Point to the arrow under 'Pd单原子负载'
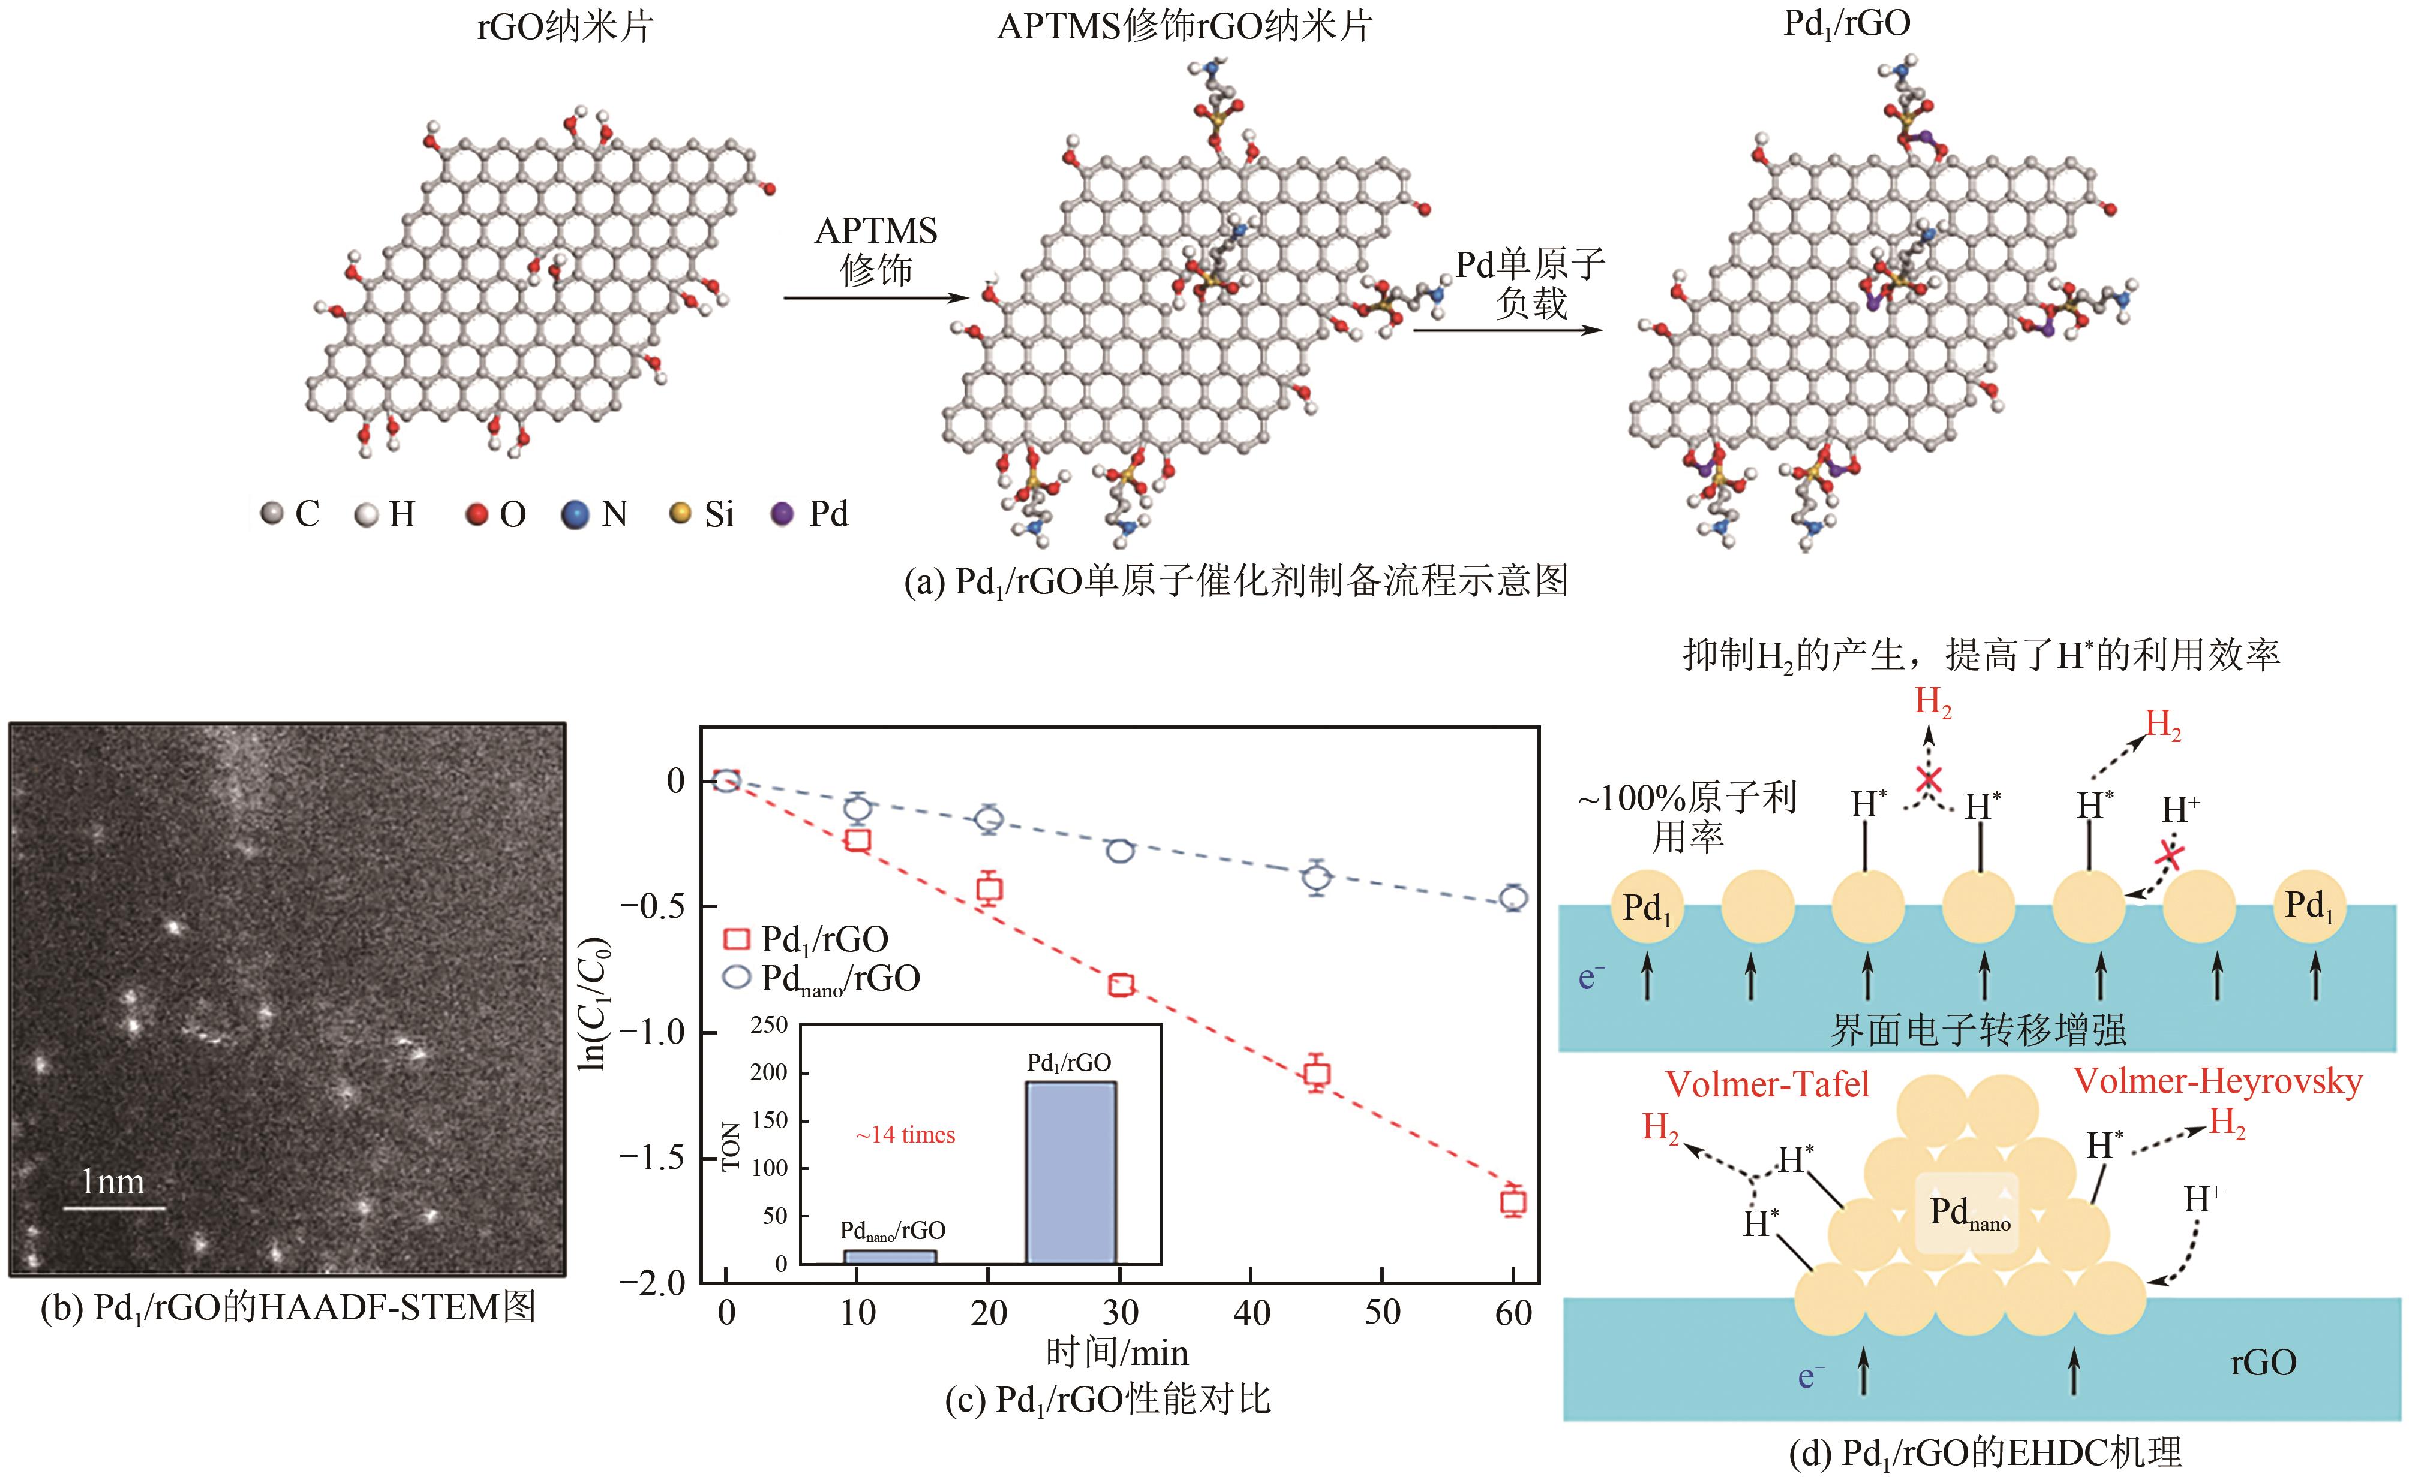tap(1508, 330)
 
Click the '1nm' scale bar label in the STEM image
tap(113, 1183)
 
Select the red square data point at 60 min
tap(1513, 1202)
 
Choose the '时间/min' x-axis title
tap(1116, 1353)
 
